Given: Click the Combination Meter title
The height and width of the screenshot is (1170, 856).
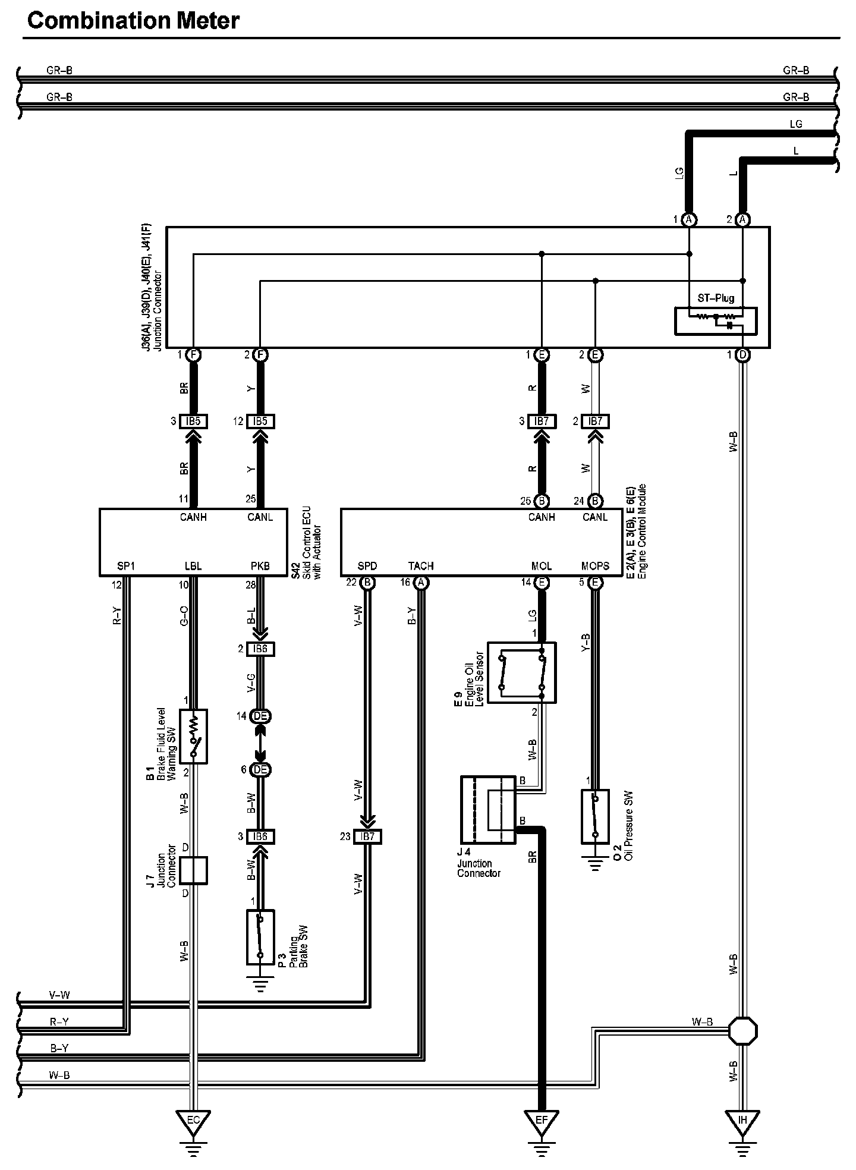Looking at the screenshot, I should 133,21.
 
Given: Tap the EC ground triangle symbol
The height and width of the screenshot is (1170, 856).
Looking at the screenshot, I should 193,1121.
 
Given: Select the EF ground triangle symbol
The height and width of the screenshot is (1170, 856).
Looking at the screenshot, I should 541,1121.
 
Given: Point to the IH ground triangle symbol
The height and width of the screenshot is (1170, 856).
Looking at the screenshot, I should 742,1121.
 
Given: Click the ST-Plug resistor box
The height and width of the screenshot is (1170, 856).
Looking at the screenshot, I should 716,320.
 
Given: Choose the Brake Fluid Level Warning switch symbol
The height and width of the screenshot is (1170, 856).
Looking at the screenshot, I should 193,736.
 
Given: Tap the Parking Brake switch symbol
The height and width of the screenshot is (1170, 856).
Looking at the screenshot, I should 260,937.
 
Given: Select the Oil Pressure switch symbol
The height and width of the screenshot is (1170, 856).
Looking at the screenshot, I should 595,816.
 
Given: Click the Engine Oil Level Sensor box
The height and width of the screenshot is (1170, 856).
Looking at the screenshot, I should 521,672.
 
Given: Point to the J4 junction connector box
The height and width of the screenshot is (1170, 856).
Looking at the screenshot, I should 488,809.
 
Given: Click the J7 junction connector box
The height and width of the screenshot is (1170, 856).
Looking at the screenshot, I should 193,870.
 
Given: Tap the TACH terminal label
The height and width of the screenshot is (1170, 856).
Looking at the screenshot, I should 421,566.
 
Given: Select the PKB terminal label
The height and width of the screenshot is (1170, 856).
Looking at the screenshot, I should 260,566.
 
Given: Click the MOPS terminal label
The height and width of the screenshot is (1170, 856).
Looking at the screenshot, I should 595,566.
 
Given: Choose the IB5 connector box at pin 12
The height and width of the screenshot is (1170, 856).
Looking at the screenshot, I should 260,422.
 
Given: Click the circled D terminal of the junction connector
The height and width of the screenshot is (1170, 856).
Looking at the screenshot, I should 742,356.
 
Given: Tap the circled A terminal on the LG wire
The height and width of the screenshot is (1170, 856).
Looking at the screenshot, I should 689,220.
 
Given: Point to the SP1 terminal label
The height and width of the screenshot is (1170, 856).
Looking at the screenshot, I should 126,566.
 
